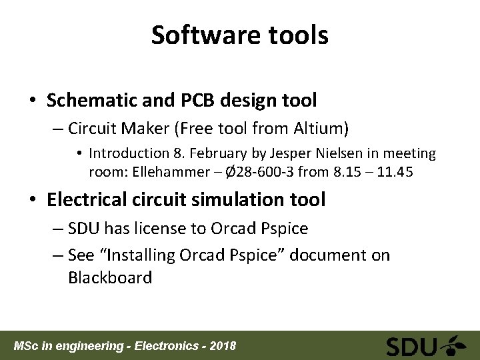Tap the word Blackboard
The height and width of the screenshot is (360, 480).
(110, 277)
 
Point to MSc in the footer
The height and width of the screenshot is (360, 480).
(27, 346)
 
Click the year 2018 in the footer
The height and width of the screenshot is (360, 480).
(222, 346)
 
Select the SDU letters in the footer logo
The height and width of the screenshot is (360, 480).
(411, 346)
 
